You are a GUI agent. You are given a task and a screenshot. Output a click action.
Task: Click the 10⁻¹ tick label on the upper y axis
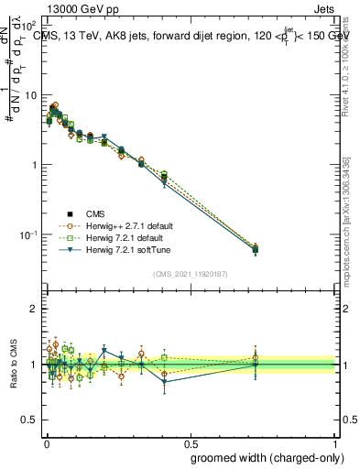[28, 235]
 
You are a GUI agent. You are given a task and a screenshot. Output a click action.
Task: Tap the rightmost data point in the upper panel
[255, 248]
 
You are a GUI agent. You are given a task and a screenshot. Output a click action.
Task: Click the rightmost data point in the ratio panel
[255, 364]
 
